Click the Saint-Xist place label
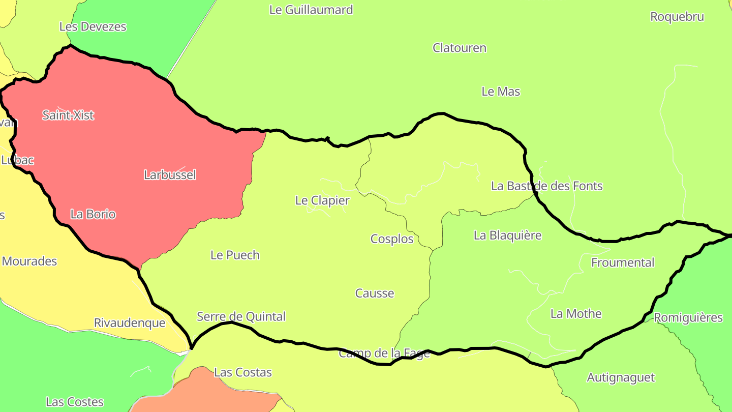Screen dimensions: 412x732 pyautogui.click(x=68, y=115)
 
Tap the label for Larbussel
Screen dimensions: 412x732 pyautogui.click(x=170, y=175)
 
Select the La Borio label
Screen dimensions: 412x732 pyautogui.click(x=93, y=214)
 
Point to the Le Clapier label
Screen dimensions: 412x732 pyautogui.click(x=322, y=200)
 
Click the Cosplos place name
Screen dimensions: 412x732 pyautogui.click(x=392, y=239)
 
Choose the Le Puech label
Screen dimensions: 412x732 pyautogui.click(x=235, y=255)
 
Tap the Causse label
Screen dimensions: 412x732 pyautogui.click(x=375, y=293)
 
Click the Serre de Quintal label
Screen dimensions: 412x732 pyautogui.click(x=241, y=316)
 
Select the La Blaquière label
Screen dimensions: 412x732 pyautogui.click(x=507, y=235)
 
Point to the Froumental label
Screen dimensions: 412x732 pyautogui.click(x=623, y=262)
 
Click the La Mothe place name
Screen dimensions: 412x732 pyautogui.click(x=576, y=313)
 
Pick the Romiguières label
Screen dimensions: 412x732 pyautogui.click(x=688, y=318)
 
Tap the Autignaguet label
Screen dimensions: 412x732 pyautogui.click(x=621, y=377)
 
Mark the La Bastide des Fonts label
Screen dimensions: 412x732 pyautogui.click(x=546, y=186)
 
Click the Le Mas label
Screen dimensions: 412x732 pyautogui.click(x=501, y=92)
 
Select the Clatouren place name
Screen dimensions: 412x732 pyautogui.click(x=460, y=48)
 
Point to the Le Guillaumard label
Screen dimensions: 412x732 pyautogui.click(x=311, y=10)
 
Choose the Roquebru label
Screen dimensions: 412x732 pyautogui.click(x=677, y=17)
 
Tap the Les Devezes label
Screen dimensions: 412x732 pyautogui.click(x=93, y=26)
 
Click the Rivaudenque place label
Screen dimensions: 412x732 pyautogui.click(x=130, y=323)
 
